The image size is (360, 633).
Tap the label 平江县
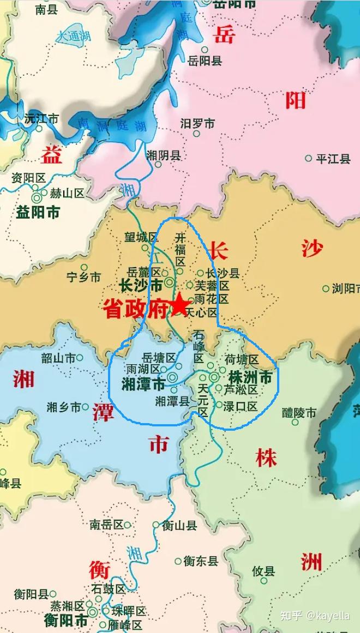[333, 159]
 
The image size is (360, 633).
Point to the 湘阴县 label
[163, 155]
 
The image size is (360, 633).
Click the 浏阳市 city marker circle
[326, 288]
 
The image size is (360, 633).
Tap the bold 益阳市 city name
[38, 212]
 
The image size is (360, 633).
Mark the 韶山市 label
[58, 358]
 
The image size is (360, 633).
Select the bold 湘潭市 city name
[143, 384]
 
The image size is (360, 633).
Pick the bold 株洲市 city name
[250, 377]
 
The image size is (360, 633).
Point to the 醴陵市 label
[299, 413]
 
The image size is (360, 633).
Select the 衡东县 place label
[200, 560]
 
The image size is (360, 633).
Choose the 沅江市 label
[41, 118]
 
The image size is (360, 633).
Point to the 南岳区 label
[106, 525]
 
